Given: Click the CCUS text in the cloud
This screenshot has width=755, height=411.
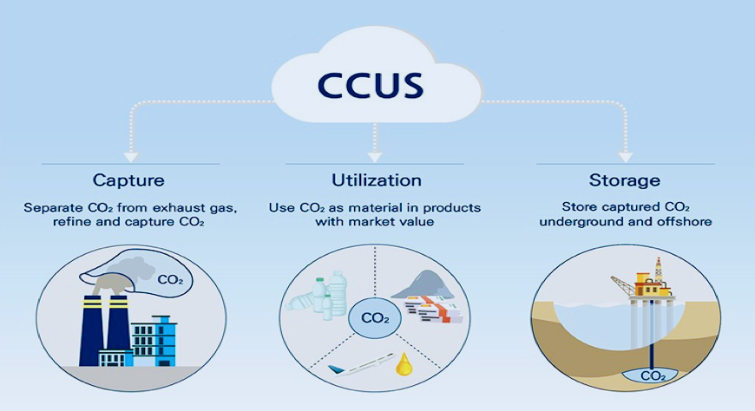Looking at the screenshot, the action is (371, 85).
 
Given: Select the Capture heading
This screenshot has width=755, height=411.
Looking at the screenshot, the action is (128, 180).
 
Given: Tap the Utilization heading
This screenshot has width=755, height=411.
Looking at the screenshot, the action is (377, 180).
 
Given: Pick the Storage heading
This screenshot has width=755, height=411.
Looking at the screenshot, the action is (625, 180).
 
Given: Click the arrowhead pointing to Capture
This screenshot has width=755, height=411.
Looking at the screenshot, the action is (131, 157).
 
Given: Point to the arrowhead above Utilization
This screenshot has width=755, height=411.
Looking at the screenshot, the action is (375, 157).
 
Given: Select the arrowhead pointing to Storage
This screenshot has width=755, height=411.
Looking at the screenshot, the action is (625, 157).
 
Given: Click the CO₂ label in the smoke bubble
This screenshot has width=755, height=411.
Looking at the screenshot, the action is (170, 279).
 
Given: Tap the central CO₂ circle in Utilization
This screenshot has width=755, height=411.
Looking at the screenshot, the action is (375, 317).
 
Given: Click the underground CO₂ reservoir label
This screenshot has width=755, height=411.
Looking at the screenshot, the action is (653, 375).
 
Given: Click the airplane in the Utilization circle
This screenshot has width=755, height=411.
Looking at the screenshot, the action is (360, 365).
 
